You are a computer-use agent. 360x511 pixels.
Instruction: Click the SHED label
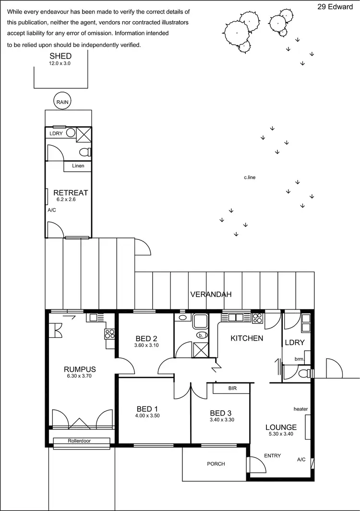pos(60,56)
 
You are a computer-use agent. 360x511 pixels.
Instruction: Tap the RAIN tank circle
pos(62,102)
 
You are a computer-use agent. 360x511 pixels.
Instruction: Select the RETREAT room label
pos(71,193)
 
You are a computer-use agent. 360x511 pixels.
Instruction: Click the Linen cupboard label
pos(78,166)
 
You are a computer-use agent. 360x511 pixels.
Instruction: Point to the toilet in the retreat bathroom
pos(86,153)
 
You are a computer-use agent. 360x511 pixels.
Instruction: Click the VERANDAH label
pos(211,294)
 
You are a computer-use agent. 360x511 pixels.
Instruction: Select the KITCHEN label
pos(247,338)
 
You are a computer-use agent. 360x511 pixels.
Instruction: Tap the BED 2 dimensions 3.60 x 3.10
pos(146,345)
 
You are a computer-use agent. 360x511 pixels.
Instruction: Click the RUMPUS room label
pos(80,369)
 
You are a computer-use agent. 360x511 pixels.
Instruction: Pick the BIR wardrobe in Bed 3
pos(232,388)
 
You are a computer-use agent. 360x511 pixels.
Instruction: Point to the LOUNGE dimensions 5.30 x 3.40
pos(281,434)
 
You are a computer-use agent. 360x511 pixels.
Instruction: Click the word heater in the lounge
pos(300,409)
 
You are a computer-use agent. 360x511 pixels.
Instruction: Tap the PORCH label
pos(216,464)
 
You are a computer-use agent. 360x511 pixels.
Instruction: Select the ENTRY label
pos(273,456)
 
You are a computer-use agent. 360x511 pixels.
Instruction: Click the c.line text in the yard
pos(250,178)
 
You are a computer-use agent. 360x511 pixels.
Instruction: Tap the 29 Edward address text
pos(335,7)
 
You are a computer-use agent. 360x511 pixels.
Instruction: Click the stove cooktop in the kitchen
pos(257,317)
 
